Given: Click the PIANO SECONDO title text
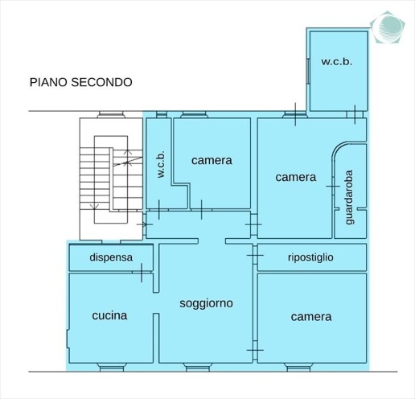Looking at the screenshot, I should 80,81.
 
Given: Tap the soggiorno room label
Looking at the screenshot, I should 207,303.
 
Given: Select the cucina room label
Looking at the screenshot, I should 109,315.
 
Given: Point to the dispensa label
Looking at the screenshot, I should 110,257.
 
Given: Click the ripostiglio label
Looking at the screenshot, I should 316,257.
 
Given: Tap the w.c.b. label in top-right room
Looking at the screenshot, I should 338,61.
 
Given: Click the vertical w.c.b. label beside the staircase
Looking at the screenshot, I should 161,166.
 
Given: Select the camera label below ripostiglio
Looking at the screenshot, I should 310,316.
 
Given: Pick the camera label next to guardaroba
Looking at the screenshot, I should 295,177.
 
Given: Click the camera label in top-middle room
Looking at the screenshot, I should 212,160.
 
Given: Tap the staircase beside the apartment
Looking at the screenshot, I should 111,179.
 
